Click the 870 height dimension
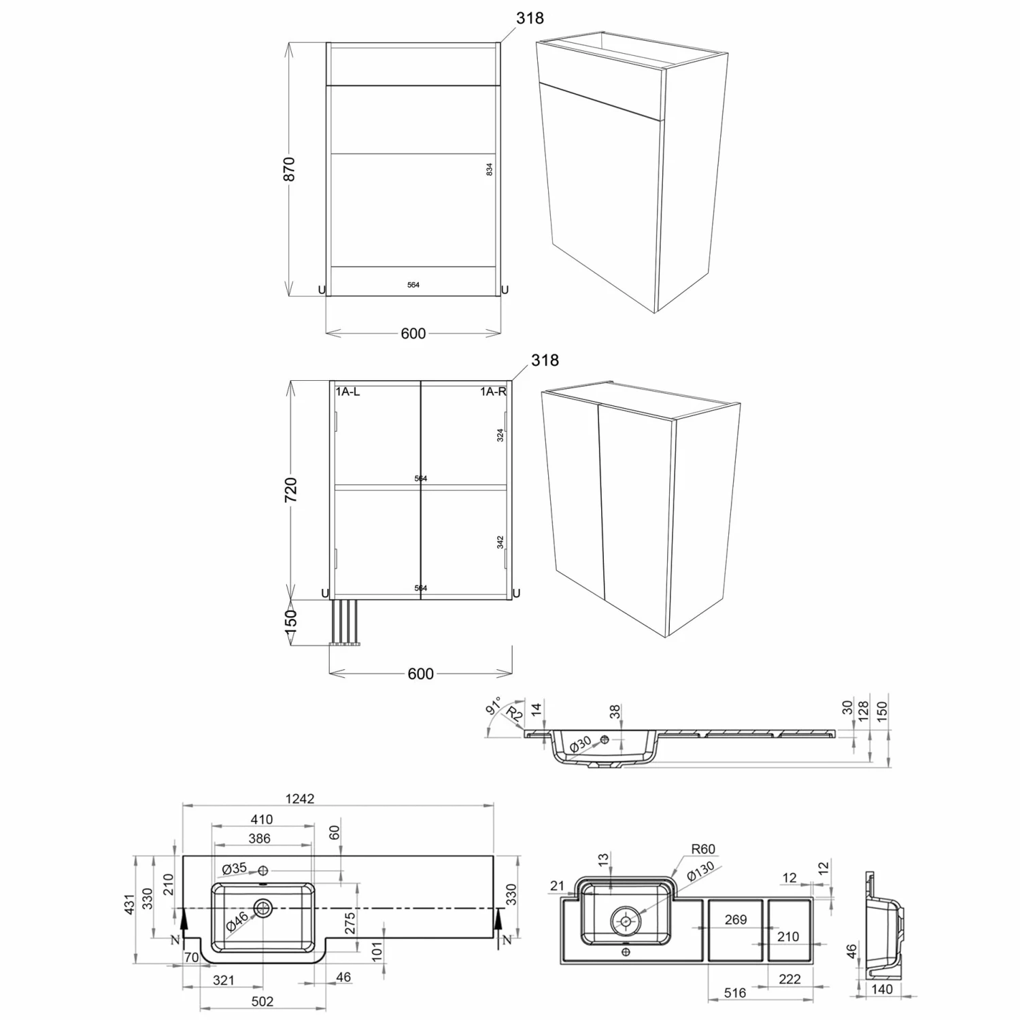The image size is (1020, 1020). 289,169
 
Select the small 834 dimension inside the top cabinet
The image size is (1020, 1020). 490,170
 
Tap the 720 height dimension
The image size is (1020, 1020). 290,490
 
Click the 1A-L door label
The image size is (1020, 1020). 347,392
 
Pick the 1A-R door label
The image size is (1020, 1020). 493,392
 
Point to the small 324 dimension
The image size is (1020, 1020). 500,435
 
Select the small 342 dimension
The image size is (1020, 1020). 500,543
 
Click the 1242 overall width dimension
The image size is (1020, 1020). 299,798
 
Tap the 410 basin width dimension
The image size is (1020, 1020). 261,820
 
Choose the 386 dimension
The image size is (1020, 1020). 260,838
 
